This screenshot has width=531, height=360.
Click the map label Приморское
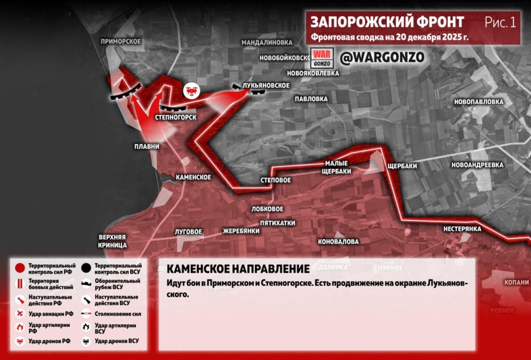121,41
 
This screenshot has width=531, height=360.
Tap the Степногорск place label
175,117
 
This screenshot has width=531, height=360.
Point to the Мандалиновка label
267,42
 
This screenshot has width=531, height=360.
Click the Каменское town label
193,177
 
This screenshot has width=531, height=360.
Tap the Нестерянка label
462,229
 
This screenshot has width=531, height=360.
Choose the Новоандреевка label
477,165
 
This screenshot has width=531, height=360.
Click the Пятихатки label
277,223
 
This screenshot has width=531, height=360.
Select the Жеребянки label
241,231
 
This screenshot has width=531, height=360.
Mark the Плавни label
147,147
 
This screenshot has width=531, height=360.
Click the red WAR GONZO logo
320,57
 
